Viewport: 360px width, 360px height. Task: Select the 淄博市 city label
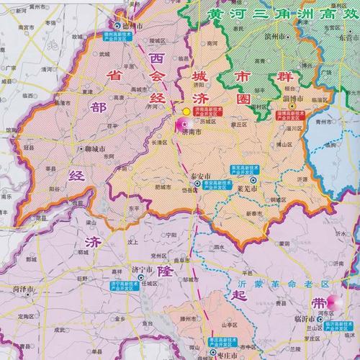coord(294,99)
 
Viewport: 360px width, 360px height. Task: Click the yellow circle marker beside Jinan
coord(186,112)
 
